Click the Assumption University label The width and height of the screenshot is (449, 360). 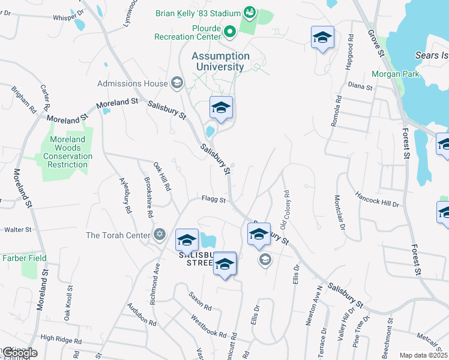pos(220,61)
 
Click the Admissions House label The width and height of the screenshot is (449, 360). pos(133,83)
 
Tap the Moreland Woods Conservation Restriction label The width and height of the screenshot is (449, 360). pos(68,152)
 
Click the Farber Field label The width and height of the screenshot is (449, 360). pos(25,258)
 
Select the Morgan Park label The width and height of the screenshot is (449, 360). pos(395,74)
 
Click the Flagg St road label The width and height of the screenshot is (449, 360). pos(213,200)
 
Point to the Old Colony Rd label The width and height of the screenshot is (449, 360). pos(285,211)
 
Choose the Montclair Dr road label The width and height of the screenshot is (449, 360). pos(340,214)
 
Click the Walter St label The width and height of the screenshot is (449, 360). pos(17,229)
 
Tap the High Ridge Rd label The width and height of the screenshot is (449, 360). pos(61,340)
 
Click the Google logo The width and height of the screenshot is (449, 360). pos(20,353)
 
